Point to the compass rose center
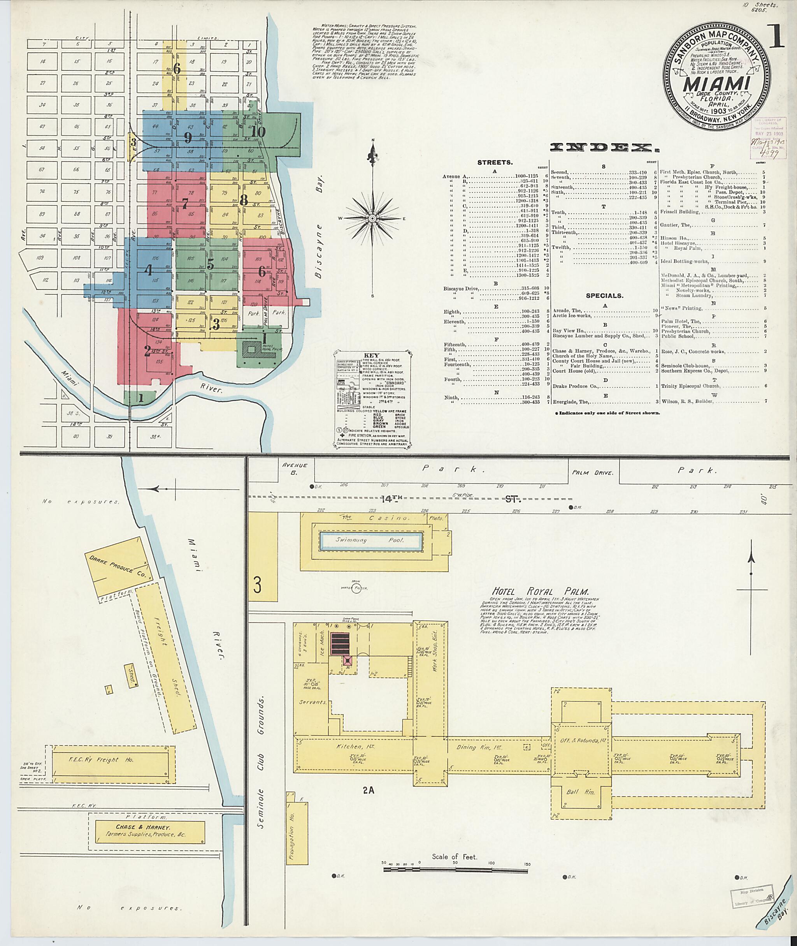pos(373,218)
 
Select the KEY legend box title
pos(373,356)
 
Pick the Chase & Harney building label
pos(143,826)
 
